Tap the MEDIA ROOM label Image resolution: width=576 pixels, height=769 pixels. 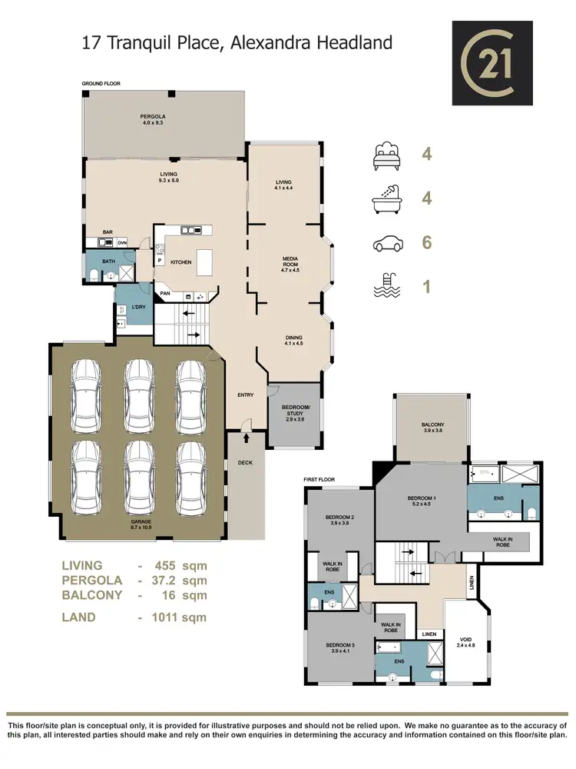pyautogui.click(x=290, y=265)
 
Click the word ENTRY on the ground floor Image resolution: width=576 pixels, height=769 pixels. pyautogui.click(x=246, y=395)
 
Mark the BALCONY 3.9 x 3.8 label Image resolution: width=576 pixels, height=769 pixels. pyautogui.click(x=432, y=428)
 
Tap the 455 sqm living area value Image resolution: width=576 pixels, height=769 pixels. pyautogui.click(x=182, y=565)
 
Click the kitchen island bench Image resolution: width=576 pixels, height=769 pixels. pyautogui.click(x=204, y=261)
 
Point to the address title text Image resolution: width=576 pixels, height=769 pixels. pyautogui.click(x=237, y=42)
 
